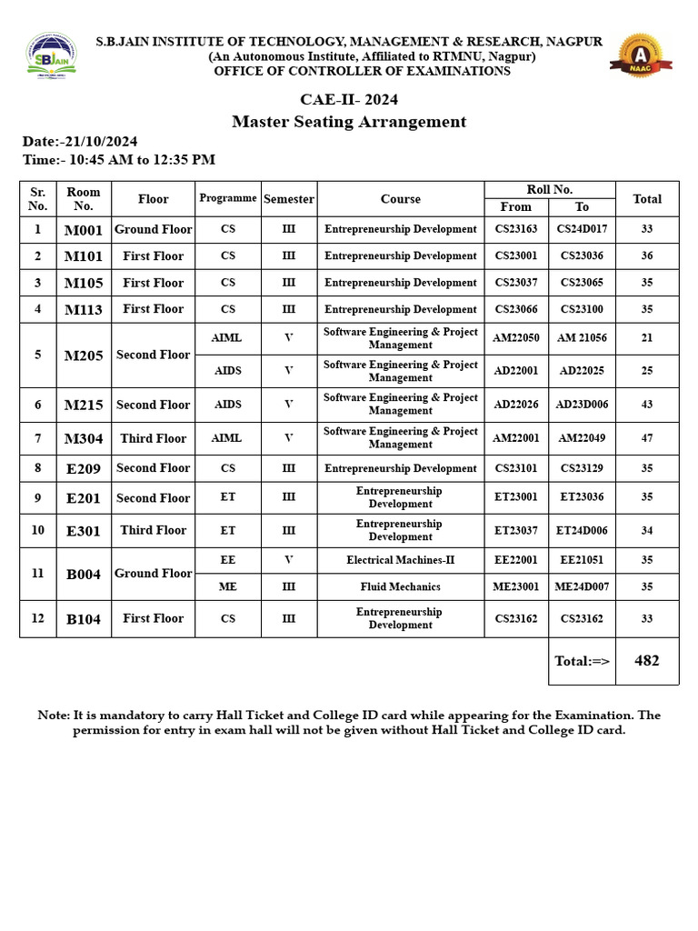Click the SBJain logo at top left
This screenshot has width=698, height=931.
[52, 58]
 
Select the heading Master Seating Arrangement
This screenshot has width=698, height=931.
[349, 122]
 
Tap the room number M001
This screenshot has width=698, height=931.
[84, 230]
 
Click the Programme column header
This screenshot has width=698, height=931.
[228, 198]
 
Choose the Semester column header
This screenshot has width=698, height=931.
[289, 199]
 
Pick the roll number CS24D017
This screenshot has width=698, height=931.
[582, 229]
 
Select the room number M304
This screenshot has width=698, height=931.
[84, 439]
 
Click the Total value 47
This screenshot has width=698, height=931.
[647, 438]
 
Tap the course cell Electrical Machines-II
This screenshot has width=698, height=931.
[401, 561]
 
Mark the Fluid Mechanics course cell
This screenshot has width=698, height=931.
[401, 587]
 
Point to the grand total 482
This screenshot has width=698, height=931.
[647, 661]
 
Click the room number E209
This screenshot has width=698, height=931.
[84, 469]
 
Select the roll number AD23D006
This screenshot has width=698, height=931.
[582, 405]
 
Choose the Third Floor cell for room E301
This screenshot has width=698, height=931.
[153, 530]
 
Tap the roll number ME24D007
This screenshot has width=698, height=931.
[582, 587]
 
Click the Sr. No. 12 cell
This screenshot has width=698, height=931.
[37, 618]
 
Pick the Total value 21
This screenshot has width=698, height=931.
[647, 338]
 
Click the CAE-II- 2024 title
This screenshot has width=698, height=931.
[349, 99]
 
